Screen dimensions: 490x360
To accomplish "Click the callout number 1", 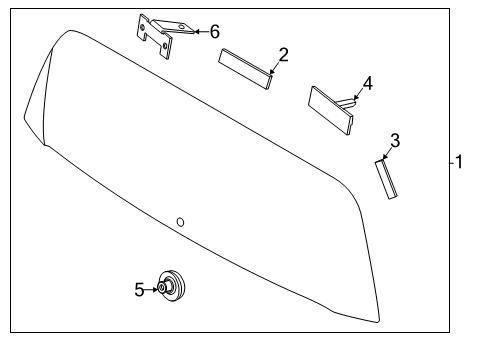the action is coord(459,162).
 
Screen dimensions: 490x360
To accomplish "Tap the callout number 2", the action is coord(283,55).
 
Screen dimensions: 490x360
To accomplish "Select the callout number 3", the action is coord(395,141).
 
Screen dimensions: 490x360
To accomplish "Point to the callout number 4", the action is coord(368,83).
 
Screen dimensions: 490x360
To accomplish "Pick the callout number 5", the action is coord(139,290).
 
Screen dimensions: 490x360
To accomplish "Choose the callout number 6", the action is coord(215,32).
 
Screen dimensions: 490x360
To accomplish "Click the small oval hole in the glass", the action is coord(180,222).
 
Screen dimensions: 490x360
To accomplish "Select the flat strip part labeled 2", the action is coord(245,69).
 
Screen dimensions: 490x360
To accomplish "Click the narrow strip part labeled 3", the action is coord(386,179).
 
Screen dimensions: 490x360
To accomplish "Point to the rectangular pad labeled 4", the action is coord(330,110).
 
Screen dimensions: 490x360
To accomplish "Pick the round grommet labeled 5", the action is coord(171,287).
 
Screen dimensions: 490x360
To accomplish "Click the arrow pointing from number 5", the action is coord(151,290).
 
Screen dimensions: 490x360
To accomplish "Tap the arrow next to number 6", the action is coord(201,32).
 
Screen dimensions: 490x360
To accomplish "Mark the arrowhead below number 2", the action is coord(272,72).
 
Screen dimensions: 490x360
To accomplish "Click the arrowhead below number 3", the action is coord(385,157).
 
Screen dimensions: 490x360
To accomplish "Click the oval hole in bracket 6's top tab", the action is coord(181,26).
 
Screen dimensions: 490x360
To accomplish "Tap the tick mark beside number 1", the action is coord(452,163).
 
